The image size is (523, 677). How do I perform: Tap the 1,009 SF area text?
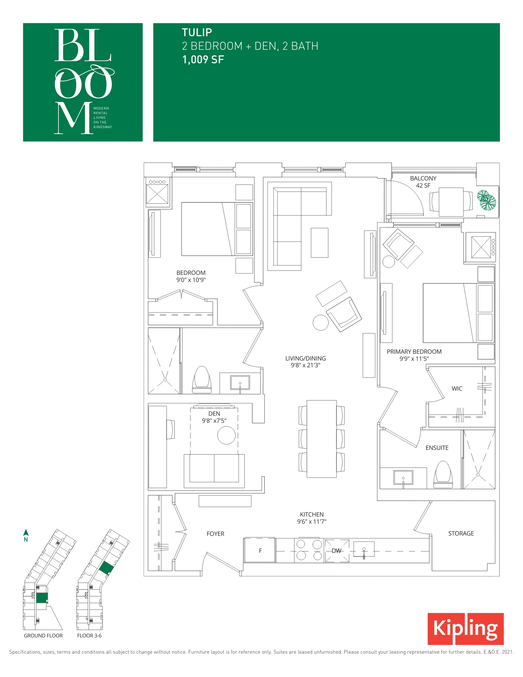click(x=203, y=60)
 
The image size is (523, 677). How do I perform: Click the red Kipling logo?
click(x=465, y=629)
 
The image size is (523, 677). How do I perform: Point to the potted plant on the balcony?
click(x=487, y=200)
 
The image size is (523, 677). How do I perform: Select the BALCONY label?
click(x=423, y=178)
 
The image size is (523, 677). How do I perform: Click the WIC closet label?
click(x=457, y=389)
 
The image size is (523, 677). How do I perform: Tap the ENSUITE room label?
click(x=437, y=448)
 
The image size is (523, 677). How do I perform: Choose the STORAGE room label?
click(x=461, y=533)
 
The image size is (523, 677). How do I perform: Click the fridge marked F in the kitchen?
click(x=260, y=550)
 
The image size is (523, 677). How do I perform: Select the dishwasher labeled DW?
click(x=337, y=551)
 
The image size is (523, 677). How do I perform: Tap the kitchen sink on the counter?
click(x=364, y=549)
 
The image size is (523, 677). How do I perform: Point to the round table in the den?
click(x=226, y=435)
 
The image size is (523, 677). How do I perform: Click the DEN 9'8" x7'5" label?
click(x=214, y=417)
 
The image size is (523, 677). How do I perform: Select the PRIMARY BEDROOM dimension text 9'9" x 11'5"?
click(x=414, y=359)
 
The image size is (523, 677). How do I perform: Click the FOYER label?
click(x=215, y=534)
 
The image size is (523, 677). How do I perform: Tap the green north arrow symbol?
click(x=26, y=532)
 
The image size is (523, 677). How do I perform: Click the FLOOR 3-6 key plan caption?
click(x=89, y=636)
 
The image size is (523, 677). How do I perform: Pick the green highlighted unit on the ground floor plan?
click(x=42, y=598)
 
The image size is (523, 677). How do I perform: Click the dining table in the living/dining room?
click(x=322, y=439)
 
